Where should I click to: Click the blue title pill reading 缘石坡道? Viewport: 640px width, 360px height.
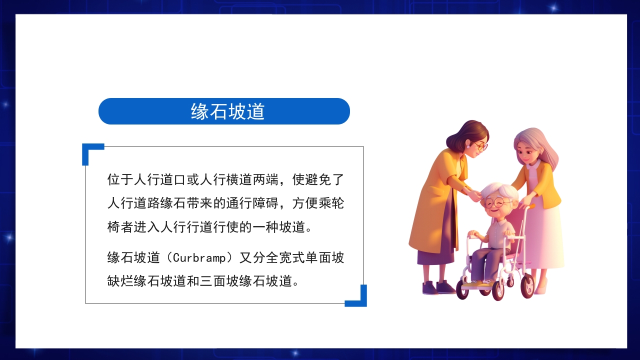tap(224, 111)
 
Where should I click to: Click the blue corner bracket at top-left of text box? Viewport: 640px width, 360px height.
tap(89, 151)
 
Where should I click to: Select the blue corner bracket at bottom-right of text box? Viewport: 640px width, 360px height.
tap(360, 298)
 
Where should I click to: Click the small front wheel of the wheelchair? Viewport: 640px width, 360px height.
tap(462, 290)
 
